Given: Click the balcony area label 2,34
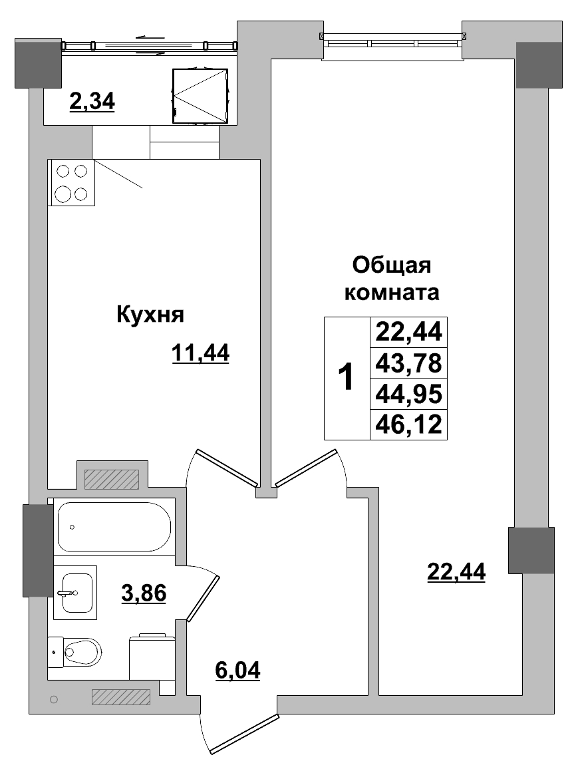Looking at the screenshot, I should coord(92,101).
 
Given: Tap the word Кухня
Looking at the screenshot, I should coord(150,314).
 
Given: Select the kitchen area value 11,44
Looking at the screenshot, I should coord(200,353).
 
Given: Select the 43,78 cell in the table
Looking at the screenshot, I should coord(408,364).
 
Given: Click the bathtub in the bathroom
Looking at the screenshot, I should coord(114,527).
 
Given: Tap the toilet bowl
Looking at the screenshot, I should coord(81,652).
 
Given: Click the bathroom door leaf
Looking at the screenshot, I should coord(204,598).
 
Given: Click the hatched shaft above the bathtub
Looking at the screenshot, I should coord(111,479).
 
